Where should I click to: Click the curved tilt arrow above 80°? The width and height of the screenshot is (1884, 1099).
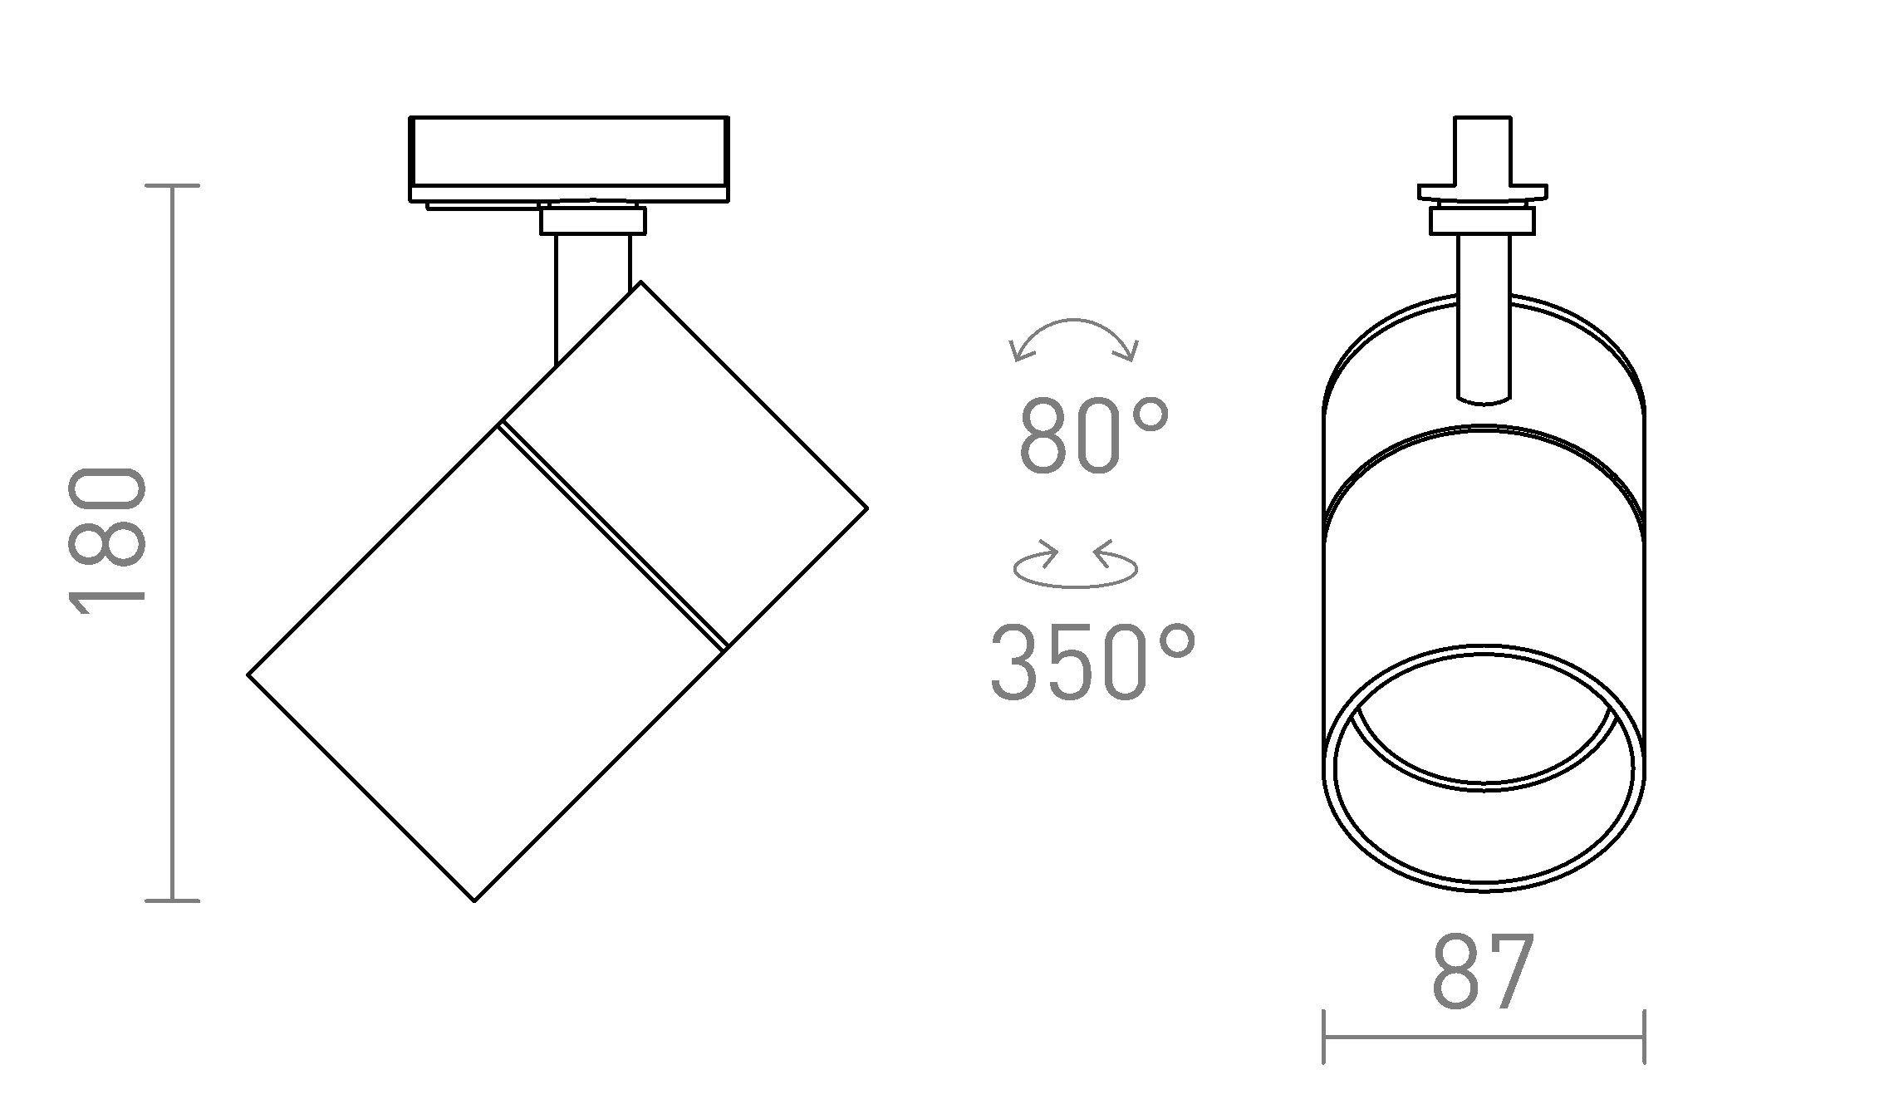tap(1073, 321)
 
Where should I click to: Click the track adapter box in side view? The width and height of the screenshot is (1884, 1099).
tap(569, 159)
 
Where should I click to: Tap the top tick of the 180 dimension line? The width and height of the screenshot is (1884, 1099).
tap(172, 186)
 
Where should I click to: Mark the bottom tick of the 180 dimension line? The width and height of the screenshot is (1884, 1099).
tap(172, 900)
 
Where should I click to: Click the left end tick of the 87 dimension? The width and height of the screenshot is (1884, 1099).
tap(1323, 1037)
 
